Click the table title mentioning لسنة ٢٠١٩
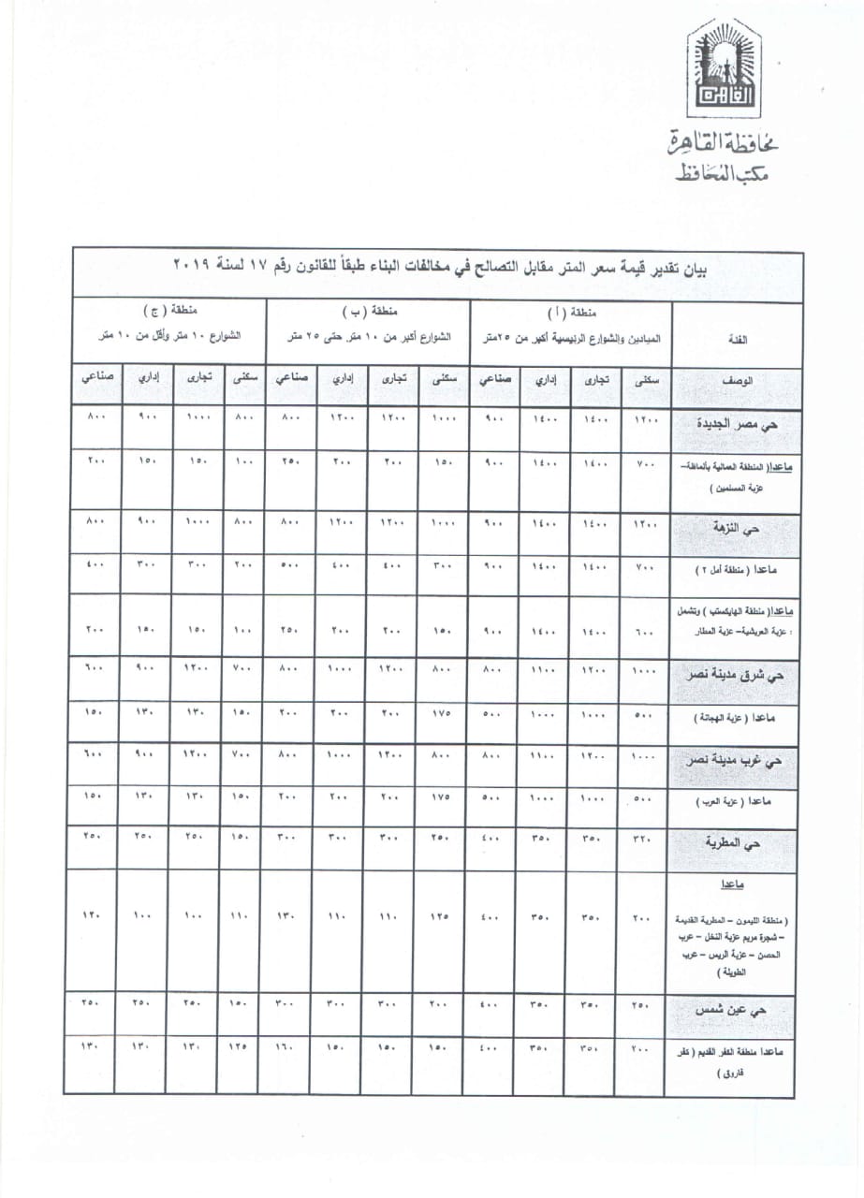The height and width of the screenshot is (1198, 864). pos(440,270)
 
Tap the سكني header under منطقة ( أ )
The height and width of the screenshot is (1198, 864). pos(641,380)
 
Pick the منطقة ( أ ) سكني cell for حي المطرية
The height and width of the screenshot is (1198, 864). pos(641,841)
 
